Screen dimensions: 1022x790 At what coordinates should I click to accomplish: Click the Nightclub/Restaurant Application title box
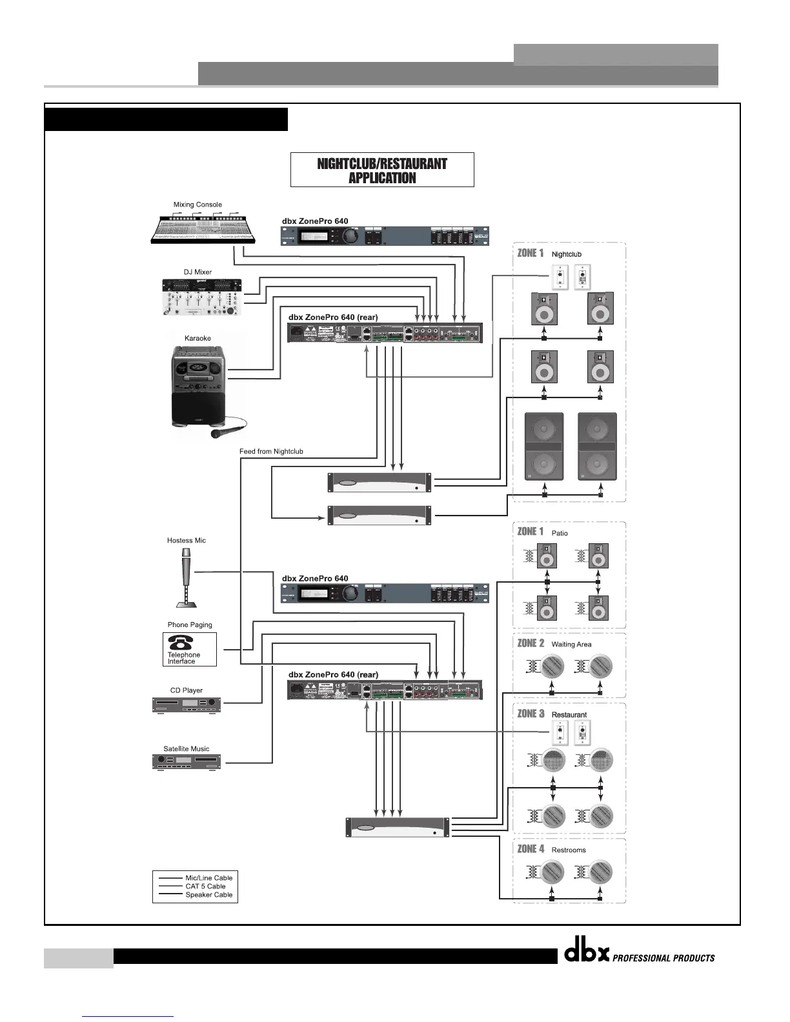tap(382, 170)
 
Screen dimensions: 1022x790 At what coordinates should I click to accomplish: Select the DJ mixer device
tap(201, 297)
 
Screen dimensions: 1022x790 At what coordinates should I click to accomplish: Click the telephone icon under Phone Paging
tap(181, 642)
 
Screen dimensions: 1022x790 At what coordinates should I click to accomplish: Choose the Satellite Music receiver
tap(187, 761)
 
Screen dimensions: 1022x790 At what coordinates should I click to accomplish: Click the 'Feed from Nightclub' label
tap(271, 452)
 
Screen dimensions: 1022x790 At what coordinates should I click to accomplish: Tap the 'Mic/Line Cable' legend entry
tap(208, 878)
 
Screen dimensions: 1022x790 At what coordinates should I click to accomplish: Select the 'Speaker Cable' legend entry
tap(208, 895)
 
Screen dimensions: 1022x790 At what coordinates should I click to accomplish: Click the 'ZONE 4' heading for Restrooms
tap(531, 849)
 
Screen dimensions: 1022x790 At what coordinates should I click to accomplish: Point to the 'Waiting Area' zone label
tap(571, 645)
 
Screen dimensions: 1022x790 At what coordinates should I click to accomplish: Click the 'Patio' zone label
tap(560, 534)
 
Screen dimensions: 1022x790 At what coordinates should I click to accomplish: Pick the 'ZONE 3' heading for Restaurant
tap(531, 714)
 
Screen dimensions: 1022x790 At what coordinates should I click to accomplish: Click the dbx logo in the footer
tap(587, 954)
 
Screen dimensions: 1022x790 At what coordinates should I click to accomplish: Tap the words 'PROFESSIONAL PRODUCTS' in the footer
tap(663, 958)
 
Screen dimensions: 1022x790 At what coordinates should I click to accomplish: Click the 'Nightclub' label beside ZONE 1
tap(566, 254)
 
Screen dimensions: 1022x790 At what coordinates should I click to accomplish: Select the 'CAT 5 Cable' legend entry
tap(205, 887)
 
